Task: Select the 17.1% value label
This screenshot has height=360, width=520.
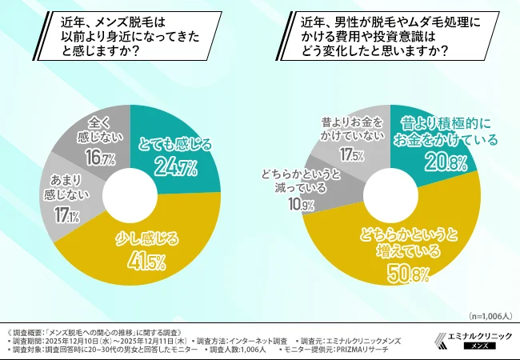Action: (x=66, y=217)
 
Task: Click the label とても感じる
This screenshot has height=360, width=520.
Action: (x=174, y=145)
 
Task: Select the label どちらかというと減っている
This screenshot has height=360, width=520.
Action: (x=302, y=182)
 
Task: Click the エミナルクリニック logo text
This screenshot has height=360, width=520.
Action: (x=476, y=335)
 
